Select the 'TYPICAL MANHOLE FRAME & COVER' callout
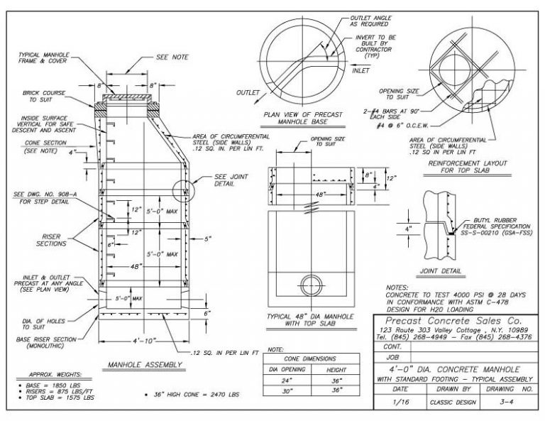click(x=43, y=58)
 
